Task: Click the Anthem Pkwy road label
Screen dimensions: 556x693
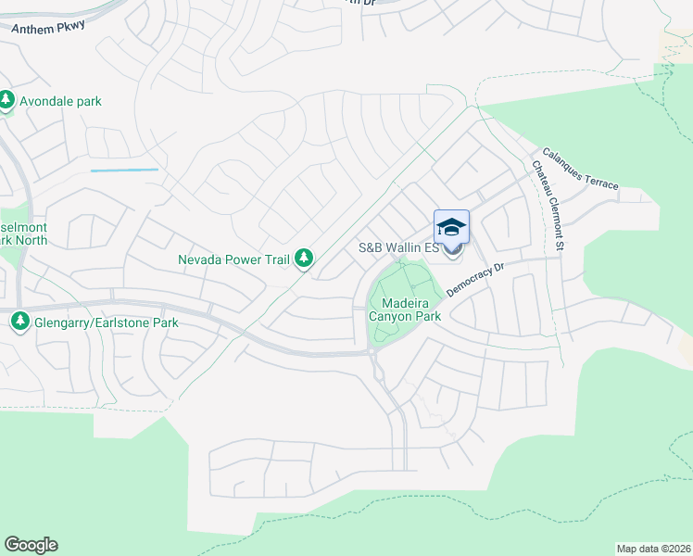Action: (48, 27)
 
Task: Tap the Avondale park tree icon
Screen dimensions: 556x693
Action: (6, 100)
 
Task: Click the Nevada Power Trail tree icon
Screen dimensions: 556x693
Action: (303, 259)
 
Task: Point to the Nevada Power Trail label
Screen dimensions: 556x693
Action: (234, 259)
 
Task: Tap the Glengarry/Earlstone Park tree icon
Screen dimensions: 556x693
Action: (19, 322)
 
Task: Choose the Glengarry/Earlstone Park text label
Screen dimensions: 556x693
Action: (104, 322)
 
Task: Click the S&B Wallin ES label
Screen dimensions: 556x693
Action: (398, 248)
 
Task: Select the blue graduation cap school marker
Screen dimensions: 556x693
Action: (451, 228)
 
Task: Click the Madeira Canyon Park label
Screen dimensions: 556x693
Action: (405, 309)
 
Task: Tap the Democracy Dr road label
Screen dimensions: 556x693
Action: (473, 279)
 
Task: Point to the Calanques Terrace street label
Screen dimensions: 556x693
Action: (580, 170)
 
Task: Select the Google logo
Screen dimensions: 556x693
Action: (31, 545)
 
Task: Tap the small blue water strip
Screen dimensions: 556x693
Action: (124, 171)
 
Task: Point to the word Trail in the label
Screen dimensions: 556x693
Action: (273, 259)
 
